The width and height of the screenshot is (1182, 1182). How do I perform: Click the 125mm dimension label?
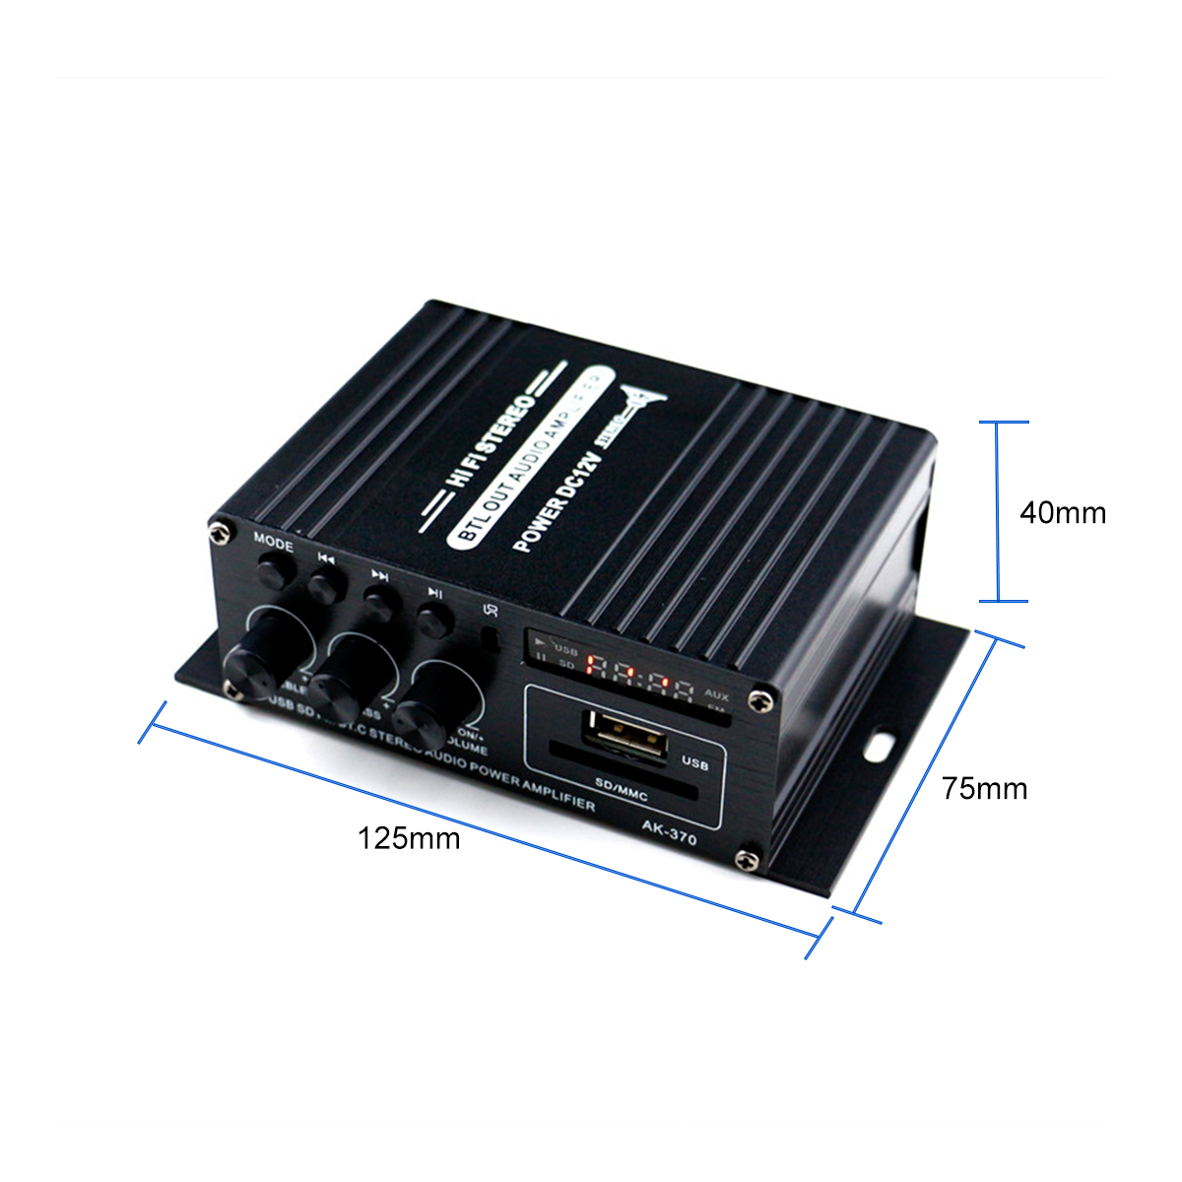pos(409,838)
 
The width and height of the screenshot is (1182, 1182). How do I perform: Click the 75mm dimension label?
pos(983,788)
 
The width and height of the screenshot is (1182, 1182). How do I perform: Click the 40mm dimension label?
pos(1062,512)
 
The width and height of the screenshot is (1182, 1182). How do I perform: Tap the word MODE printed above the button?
pos(274,541)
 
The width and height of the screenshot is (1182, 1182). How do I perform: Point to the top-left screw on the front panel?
pos(218,532)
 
